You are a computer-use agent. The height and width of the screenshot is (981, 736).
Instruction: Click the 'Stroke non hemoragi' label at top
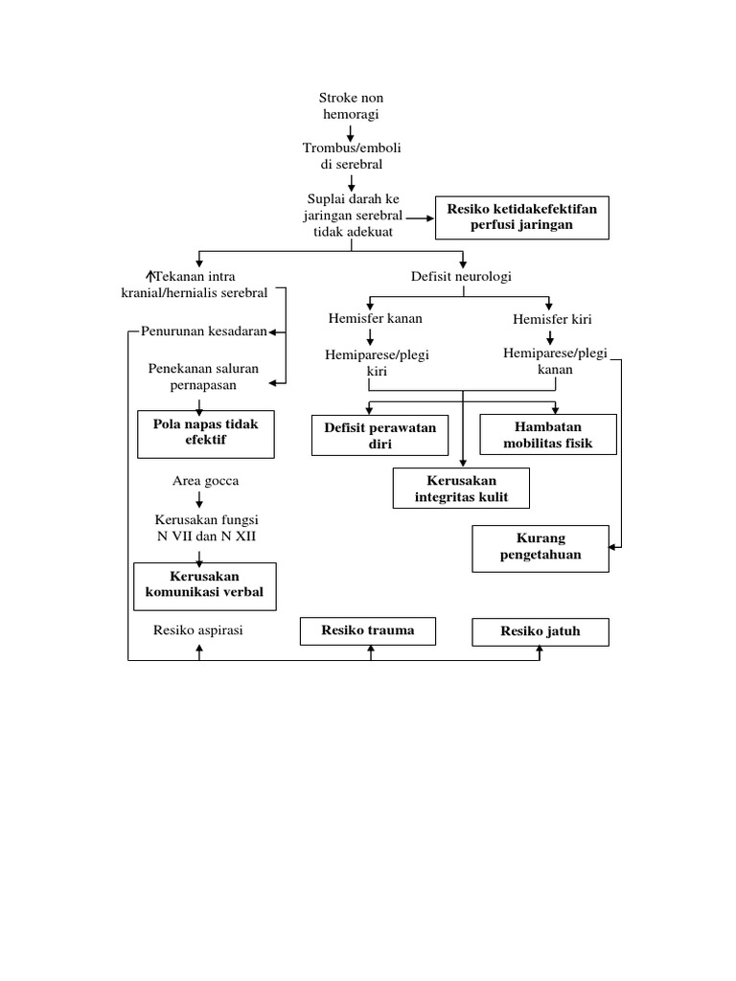351,105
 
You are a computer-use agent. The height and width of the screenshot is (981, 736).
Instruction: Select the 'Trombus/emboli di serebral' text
351,155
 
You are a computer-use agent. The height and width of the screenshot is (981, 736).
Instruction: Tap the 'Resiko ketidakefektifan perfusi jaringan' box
521,217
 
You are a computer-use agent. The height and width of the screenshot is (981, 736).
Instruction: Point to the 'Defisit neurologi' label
461,276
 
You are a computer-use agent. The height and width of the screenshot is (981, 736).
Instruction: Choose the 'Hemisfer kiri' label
548,318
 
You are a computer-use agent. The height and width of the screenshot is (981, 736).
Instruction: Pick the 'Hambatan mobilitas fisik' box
547,434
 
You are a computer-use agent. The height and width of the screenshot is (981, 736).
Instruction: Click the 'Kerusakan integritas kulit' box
460,488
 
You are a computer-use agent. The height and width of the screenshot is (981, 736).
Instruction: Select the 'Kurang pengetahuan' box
540,547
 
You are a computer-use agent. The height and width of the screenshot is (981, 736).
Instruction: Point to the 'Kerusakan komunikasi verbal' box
204,584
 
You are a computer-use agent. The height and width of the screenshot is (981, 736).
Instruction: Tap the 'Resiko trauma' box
368,630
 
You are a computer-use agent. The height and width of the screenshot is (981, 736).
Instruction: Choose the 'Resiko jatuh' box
540,631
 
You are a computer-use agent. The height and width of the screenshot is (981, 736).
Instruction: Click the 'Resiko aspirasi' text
197,630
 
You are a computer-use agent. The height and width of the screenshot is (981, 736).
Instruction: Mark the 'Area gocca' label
205,480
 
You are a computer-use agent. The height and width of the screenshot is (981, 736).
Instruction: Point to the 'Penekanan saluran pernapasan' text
203,376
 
